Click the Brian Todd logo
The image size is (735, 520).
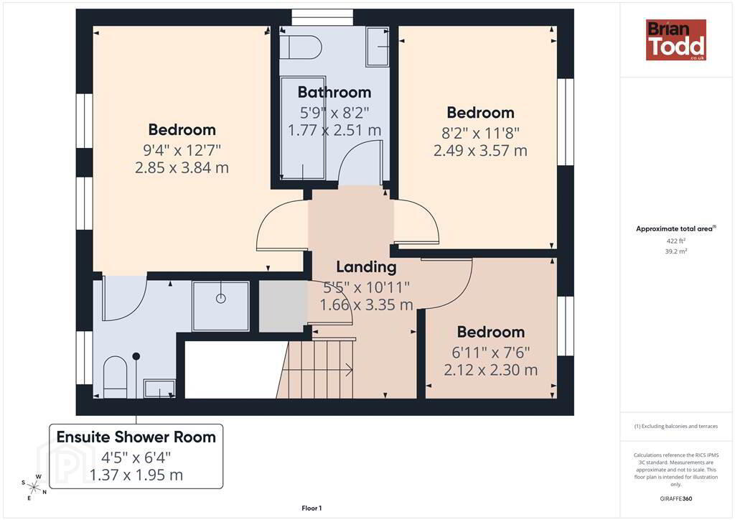[x=676, y=40]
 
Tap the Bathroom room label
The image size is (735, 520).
[x=334, y=92]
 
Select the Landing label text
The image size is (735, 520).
[x=366, y=266]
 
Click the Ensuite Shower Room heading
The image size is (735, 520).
[x=136, y=437]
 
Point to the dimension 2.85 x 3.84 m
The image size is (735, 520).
[x=182, y=167]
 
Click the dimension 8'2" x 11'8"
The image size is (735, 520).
[x=480, y=133]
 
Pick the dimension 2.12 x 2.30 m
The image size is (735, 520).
[x=491, y=370]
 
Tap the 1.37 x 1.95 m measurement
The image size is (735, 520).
[x=136, y=475]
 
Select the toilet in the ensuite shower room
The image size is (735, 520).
[x=115, y=373]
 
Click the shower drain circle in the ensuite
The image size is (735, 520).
[x=221, y=298]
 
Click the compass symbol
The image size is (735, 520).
[x=34, y=486]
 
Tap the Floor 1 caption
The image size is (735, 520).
[x=312, y=509]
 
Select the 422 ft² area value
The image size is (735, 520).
[x=676, y=241]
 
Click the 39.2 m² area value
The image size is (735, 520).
[x=676, y=251]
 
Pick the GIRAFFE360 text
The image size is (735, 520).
[x=676, y=498]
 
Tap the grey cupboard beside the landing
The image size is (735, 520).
[x=283, y=306]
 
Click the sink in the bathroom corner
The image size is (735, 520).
[x=378, y=47]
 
